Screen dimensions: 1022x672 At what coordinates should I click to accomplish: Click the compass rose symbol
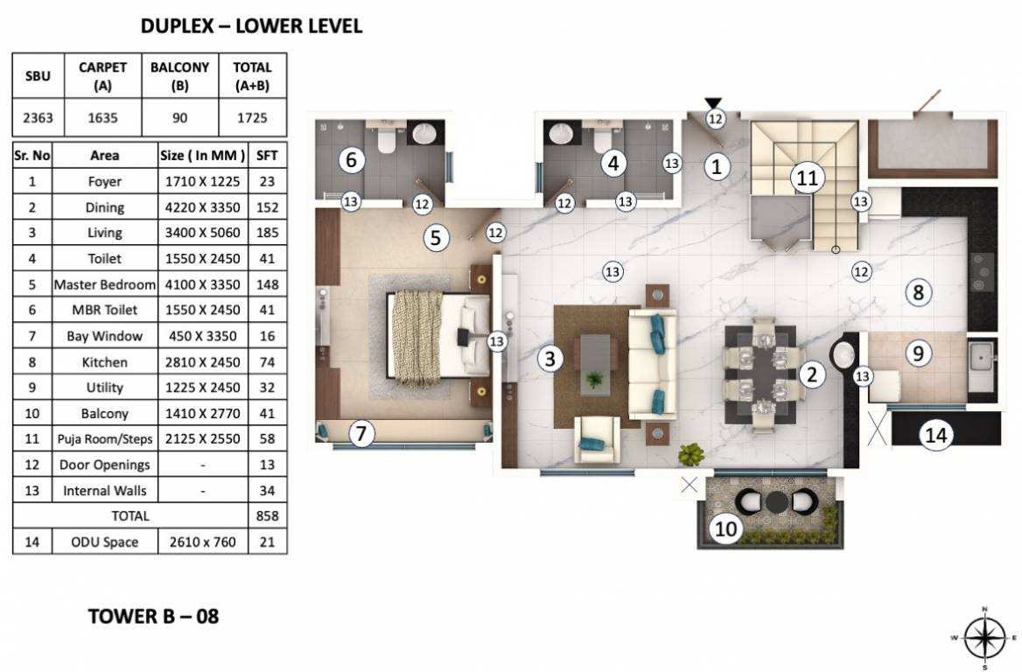[984, 638]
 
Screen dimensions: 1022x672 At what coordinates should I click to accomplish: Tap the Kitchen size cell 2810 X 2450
[203, 361]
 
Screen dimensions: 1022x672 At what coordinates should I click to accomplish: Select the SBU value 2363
[38, 117]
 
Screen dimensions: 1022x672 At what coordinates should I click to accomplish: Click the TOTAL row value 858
[267, 515]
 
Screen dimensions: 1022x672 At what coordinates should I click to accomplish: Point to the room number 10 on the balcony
[725, 528]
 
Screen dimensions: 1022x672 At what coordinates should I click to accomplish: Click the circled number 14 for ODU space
[936, 435]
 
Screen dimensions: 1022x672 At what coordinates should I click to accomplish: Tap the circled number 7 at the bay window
[361, 433]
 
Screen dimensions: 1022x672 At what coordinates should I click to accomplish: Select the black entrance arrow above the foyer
[713, 103]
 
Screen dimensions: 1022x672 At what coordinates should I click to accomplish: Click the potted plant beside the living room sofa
[691, 453]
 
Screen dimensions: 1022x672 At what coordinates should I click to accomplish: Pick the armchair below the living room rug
[597, 440]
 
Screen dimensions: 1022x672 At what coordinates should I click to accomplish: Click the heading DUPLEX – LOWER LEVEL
[251, 25]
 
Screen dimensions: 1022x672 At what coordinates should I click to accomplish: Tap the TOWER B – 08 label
[153, 616]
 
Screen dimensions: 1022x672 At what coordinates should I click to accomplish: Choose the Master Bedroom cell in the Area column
[105, 284]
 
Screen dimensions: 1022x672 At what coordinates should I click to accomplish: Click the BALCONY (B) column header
[180, 75]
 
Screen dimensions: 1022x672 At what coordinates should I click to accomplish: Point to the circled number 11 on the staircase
[807, 178]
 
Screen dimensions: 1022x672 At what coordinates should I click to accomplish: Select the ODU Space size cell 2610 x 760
[203, 542]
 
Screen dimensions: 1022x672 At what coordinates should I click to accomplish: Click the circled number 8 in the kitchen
[918, 292]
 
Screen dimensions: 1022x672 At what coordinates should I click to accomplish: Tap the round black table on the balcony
[776, 502]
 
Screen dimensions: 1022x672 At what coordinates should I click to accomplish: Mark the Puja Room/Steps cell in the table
[105, 438]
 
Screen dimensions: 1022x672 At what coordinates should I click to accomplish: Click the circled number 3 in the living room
[550, 358]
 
